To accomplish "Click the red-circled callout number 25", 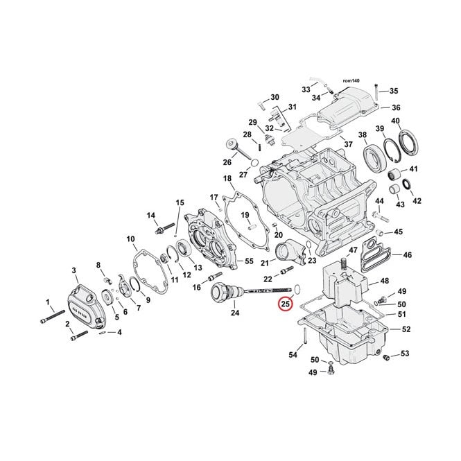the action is pyautogui.click(x=286, y=304).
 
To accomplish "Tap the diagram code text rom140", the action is pyautogui.click(x=351, y=80).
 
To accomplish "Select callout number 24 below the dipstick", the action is pyautogui.click(x=235, y=313).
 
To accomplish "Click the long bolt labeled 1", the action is pyautogui.click(x=52, y=317).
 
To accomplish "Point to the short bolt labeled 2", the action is pyautogui.click(x=80, y=336).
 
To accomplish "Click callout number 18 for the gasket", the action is pyautogui.click(x=227, y=178).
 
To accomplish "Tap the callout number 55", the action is pyautogui.click(x=249, y=261).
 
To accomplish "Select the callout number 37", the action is pyautogui.click(x=349, y=144).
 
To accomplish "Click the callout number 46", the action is pyautogui.click(x=408, y=254).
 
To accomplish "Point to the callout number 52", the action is pyautogui.click(x=406, y=329).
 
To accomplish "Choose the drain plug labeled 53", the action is pyautogui.click(x=386, y=357).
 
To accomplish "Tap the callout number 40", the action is pyautogui.click(x=395, y=121).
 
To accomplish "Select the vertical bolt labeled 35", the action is pyautogui.click(x=376, y=92).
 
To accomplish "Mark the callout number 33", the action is pyautogui.click(x=306, y=89).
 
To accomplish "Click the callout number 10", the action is pyautogui.click(x=131, y=239).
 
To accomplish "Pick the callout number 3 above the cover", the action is pyautogui.click(x=73, y=270).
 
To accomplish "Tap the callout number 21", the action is pyautogui.click(x=265, y=263).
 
